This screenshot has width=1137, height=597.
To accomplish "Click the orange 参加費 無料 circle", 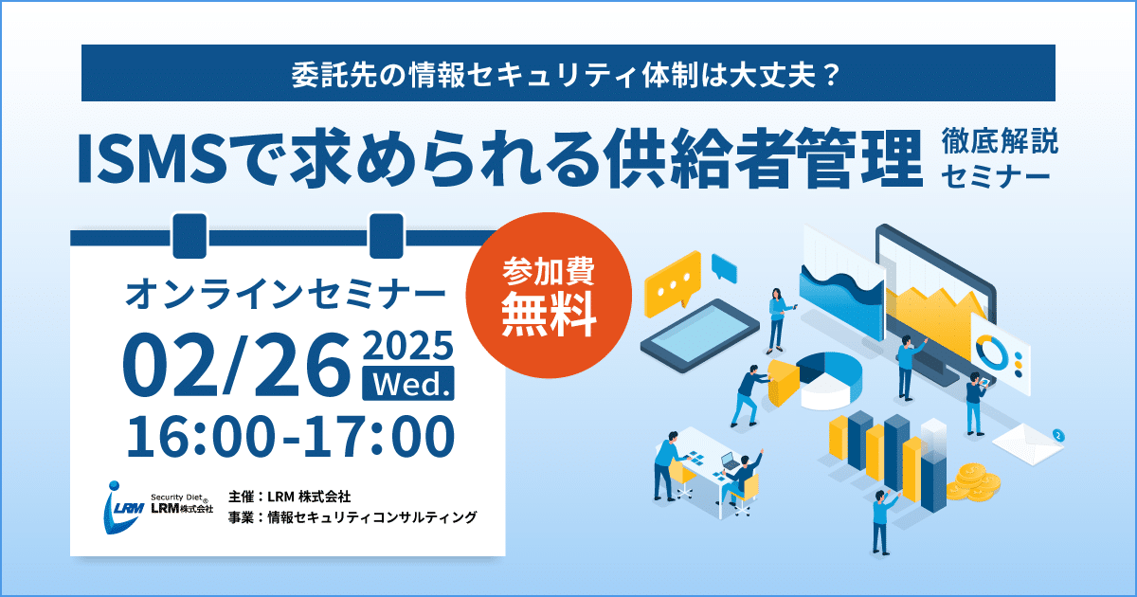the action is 549,295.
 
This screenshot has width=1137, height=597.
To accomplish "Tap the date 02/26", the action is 237,365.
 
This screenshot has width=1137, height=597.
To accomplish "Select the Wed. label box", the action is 408,384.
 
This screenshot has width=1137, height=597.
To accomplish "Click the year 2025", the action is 408,346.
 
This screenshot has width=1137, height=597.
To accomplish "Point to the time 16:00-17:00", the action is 290,437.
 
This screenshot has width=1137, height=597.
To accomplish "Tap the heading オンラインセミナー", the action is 285,294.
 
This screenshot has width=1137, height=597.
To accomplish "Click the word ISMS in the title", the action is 153,158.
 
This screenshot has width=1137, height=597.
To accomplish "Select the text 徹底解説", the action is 1000,141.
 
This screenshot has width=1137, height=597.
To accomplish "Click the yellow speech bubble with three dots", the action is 673,284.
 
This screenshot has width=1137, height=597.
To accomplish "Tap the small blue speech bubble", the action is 724,267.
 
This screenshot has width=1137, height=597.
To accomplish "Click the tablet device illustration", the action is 700,336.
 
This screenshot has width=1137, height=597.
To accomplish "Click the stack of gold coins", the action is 973,482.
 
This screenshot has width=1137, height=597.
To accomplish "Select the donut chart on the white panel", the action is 991,353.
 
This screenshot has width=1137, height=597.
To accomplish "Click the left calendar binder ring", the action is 189,236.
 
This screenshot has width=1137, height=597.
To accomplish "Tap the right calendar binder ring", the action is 387,236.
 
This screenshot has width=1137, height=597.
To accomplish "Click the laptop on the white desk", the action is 730,461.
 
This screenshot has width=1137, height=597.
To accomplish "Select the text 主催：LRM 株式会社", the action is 289,496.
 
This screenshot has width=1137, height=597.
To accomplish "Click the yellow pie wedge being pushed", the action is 783,382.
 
